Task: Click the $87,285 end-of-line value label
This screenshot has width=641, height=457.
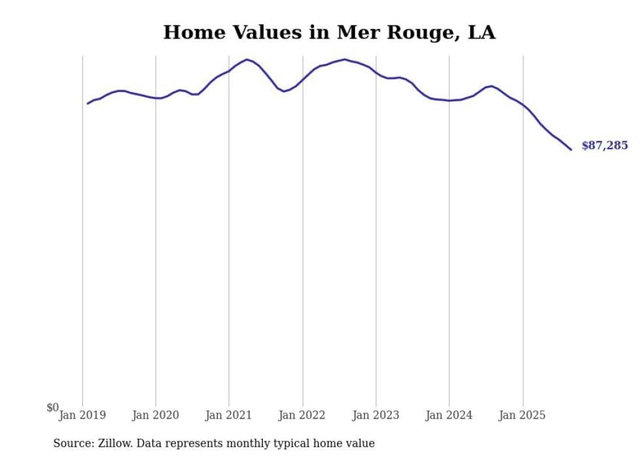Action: coord(604,146)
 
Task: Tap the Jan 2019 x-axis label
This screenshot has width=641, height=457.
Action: coord(82,415)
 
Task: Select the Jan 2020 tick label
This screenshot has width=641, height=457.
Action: coord(156,415)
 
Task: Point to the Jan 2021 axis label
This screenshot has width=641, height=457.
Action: coord(229,415)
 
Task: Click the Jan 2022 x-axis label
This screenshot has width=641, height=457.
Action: coord(302,415)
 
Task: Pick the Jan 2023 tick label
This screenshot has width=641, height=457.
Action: coord(375,415)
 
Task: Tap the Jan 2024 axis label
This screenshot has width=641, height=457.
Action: coord(449,415)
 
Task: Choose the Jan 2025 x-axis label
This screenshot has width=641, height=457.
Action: coord(523,415)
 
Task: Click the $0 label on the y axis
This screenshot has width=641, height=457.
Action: coord(52,408)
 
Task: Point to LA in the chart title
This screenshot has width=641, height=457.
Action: coord(481,33)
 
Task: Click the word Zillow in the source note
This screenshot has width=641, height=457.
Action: coord(114,443)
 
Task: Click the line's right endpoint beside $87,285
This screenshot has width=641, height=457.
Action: coord(571,150)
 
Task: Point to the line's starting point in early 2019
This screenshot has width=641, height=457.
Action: coord(88,103)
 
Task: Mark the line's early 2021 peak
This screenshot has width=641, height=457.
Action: coord(247,59)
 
